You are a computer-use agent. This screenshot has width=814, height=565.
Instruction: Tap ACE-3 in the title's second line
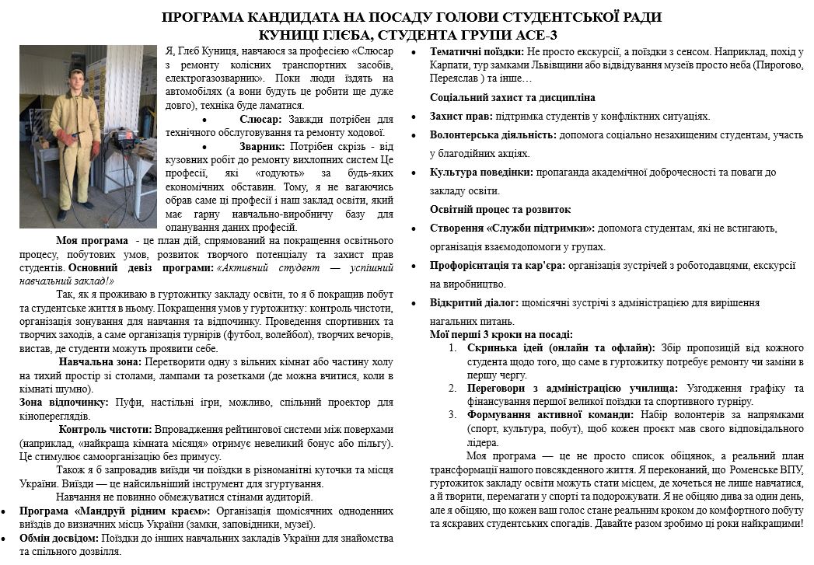[x=533, y=35]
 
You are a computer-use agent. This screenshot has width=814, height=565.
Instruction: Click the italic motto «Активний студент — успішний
[x=303, y=267]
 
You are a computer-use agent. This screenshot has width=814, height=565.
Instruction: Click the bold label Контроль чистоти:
[x=106, y=428]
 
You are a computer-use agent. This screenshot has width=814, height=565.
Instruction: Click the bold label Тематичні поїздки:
[x=477, y=52]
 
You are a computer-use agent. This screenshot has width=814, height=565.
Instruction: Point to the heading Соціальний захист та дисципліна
[x=513, y=98]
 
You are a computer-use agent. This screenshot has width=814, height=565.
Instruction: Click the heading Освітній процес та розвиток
[x=501, y=209]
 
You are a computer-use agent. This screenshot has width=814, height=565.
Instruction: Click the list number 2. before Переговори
[x=454, y=387]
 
